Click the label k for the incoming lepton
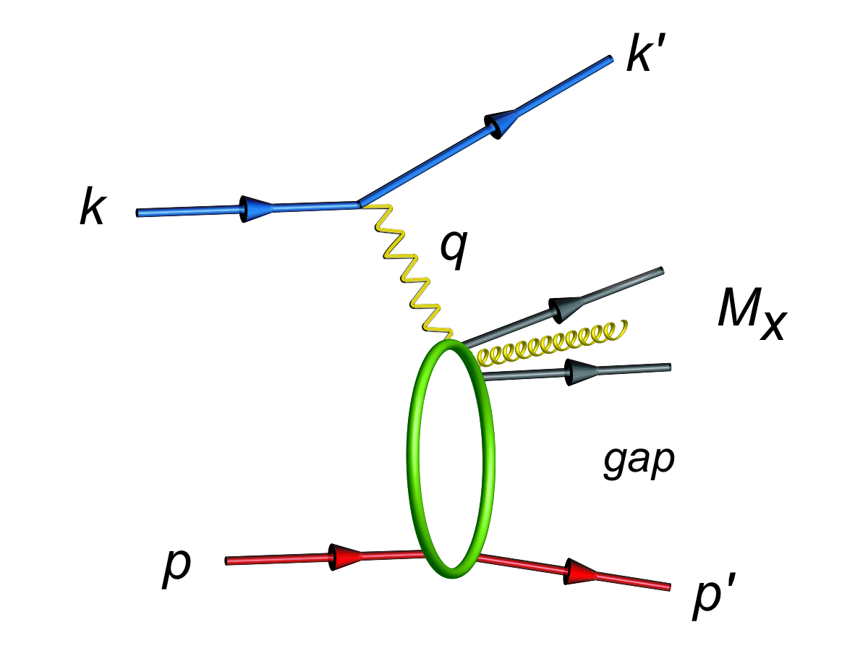click(93, 206)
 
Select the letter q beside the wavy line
click(454, 250)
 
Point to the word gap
click(639, 462)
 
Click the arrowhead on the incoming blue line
click(256, 209)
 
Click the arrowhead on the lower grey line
click(581, 372)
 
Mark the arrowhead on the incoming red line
click(344, 556)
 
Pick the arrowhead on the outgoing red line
click(579, 572)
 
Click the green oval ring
click(409, 459)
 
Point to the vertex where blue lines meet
click(359, 204)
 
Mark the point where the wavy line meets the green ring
click(450, 340)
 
